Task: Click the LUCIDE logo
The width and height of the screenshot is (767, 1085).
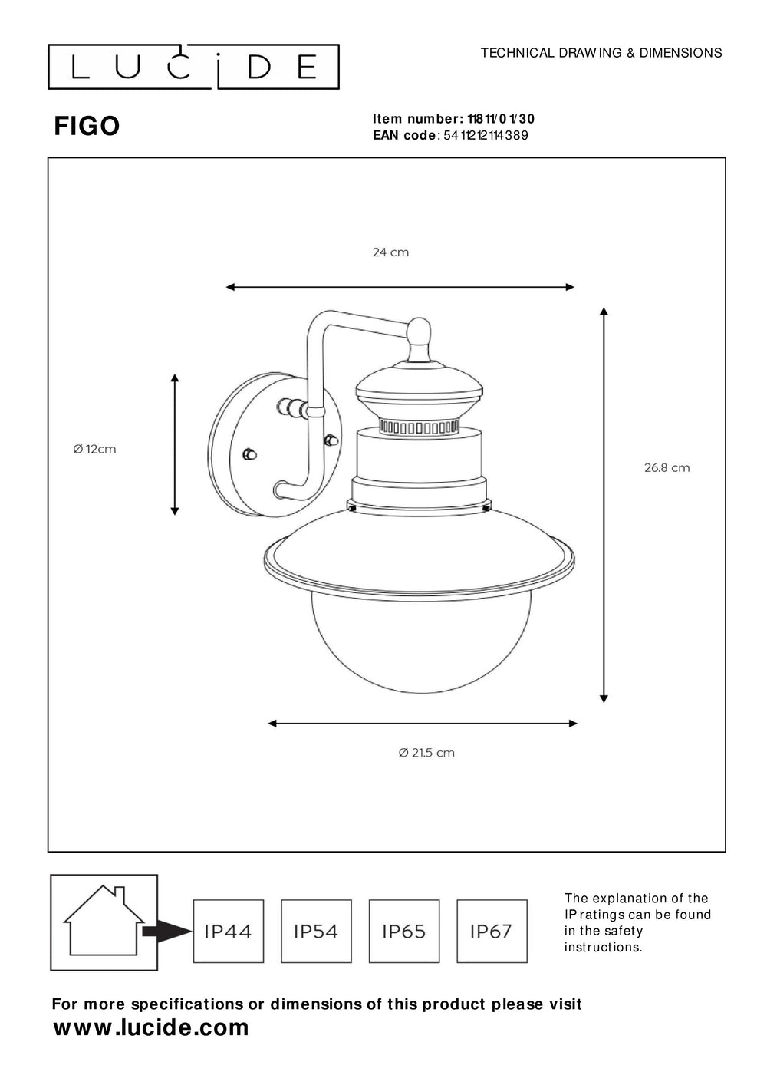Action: [193, 67]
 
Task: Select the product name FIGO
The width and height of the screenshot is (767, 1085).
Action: [87, 126]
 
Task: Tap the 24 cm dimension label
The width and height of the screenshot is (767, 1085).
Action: [390, 252]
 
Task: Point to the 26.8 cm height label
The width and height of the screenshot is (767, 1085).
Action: [667, 467]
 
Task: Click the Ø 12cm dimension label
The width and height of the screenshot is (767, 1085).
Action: [95, 449]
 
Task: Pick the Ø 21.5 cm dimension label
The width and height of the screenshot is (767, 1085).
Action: [426, 753]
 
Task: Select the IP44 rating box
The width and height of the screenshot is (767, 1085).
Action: [228, 931]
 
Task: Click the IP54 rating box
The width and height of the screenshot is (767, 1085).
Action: [316, 931]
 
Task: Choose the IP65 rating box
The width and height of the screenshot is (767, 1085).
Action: [404, 931]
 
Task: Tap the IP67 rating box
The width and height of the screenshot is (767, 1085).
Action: [492, 931]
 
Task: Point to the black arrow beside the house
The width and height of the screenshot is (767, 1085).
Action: [166, 932]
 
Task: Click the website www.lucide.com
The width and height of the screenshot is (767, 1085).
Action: [151, 1027]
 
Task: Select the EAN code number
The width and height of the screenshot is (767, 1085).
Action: [486, 136]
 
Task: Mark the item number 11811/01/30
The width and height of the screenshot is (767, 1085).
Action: [500, 119]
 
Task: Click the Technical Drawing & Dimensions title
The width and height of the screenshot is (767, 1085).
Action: [601, 53]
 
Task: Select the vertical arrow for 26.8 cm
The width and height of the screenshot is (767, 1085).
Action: [604, 504]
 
